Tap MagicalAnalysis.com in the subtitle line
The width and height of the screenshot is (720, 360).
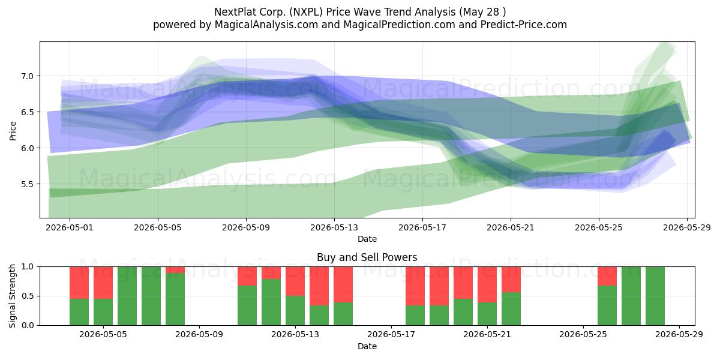tap(266, 25)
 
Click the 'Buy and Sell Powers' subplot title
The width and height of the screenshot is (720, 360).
tap(367, 257)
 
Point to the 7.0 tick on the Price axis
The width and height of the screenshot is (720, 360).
tap(28, 76)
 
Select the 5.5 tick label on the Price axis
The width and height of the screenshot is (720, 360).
tap(28, 184)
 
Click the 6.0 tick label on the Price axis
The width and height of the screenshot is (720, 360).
tap(28, 148)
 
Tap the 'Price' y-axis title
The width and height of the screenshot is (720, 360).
tap(13, 131)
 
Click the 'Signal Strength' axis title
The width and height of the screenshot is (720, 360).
tap(12, 296)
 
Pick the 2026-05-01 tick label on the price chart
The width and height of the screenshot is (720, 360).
tap(70, 227)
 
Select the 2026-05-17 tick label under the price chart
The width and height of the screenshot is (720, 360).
tap(422, 227)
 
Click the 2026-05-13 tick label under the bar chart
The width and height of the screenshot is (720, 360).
tap(295, 335)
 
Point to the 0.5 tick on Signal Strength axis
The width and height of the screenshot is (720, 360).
tap(28, 296)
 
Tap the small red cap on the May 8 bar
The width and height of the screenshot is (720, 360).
tap(175, 270)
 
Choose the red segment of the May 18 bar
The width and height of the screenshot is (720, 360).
tap(415, 286)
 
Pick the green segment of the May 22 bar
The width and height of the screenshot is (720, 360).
tap(511, 309)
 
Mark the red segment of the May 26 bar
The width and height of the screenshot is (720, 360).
tap(607, 276)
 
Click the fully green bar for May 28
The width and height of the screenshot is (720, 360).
tap(655, 296)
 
